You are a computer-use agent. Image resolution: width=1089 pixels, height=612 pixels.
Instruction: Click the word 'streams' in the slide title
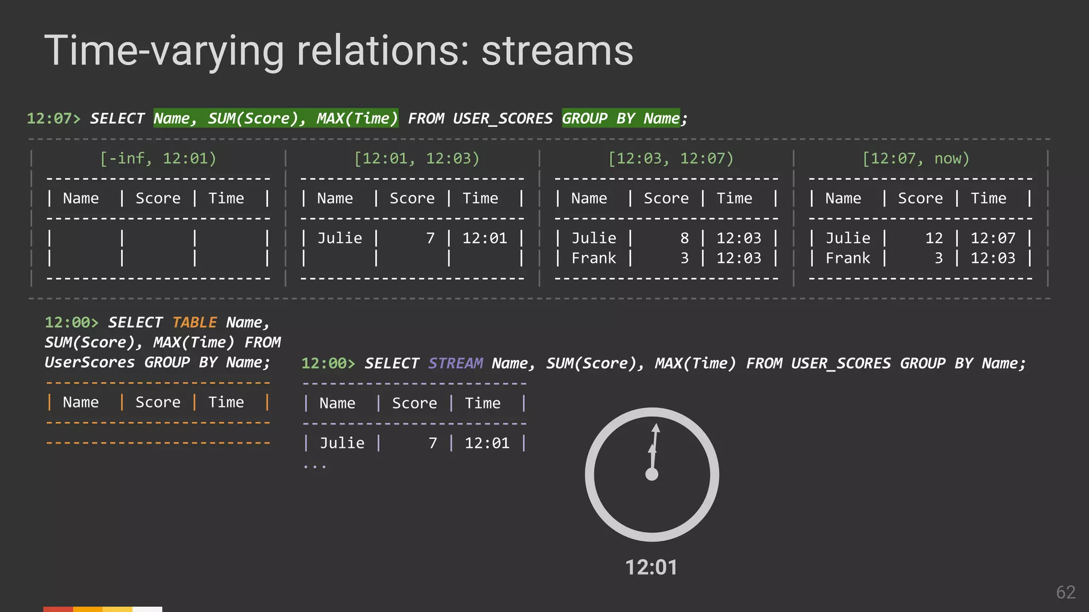pyautogui.click(x=557, y=51)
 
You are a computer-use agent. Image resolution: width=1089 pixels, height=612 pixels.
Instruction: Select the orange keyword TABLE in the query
pyautogui.click(x=195, y=322)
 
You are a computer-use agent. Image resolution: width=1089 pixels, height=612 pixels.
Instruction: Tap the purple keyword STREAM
pyautogui.click(x=456, y=363)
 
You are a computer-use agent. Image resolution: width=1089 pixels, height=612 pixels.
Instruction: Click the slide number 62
pyautogui.click(x=1066, y=592)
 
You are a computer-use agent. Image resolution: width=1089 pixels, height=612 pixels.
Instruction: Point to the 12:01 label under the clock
pyautogui.click(x=651, y=567)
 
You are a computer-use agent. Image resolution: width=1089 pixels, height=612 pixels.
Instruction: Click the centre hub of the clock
pyautogui.click(x=652, y=474)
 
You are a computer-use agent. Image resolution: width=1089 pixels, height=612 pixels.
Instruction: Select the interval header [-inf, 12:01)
pyautogui.click(x=158, y=158)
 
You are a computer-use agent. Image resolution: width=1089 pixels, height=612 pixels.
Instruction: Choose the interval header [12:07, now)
pyautogui.click(x=916, y=158)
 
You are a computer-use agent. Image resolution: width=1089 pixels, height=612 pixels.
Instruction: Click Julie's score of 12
pyautogui.click(x=934, y=238)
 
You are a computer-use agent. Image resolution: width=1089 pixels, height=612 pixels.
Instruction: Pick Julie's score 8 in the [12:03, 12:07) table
pyautogui.click(x=684, y=238)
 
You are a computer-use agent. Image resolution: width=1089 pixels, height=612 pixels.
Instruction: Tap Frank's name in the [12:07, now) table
pyautogui.click(x=848, y=258)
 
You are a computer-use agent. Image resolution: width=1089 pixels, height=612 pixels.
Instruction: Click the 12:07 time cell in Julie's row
pyautogui.click(x=993, y=238)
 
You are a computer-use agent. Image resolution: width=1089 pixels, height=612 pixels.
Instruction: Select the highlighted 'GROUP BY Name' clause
pyautogui.click(x=621, y=118)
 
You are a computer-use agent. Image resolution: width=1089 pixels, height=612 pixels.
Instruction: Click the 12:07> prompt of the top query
pyautogui.click(x=54, y=118)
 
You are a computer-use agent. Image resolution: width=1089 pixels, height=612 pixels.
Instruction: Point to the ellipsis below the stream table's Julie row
pyautogui.click(x=314, y=466)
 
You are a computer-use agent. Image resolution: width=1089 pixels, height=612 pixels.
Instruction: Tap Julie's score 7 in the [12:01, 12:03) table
pyautogui.click(x=430, y=238)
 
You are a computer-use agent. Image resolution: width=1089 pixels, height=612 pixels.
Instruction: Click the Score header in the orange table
pyautogui.click(x=158, y=402)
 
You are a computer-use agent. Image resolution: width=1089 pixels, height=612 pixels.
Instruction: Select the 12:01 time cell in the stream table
pyautogui.click(x=487, y=443)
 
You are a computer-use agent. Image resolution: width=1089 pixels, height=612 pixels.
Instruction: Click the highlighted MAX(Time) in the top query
pyautogui.click(x=357, y=118)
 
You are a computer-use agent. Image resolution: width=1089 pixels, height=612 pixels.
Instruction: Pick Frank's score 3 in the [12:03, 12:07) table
pyautogui.click(x=684, y=258)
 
